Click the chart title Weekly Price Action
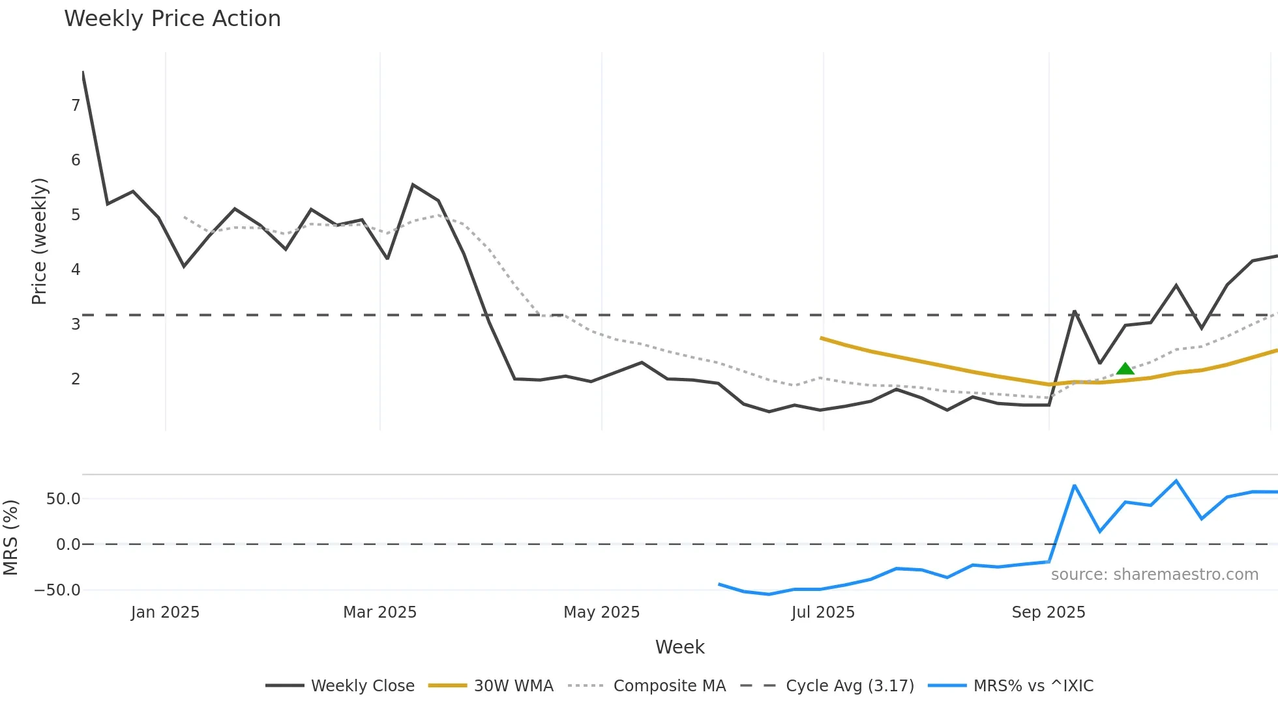[172, 19]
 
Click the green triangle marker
[1125, 369]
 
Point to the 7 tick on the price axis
[76, 106]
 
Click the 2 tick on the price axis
[76, 379]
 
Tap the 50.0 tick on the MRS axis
[63, 499]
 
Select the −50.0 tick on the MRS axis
[57, 590]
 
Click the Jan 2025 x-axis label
[165, 612]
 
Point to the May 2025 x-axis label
[601, 612]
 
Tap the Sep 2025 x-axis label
[1048, 612]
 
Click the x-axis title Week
[679, 647]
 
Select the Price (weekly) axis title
[39, 241]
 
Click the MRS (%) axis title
[10, 538]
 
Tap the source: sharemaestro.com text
[1154, 575]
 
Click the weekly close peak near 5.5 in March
[413, 185]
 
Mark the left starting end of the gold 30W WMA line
[822, 338]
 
